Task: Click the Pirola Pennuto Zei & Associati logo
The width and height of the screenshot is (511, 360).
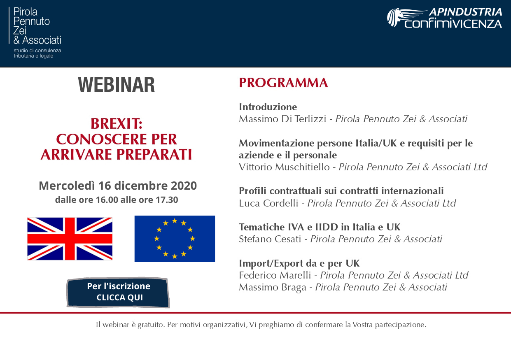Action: click(35, 33)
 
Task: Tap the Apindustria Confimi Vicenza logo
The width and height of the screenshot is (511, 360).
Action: click(444, 18)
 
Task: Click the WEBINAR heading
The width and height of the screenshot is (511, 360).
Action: click(117, 85)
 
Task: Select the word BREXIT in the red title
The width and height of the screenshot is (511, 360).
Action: click(115, 124)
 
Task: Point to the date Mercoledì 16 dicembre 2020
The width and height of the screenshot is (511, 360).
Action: click(118, 186)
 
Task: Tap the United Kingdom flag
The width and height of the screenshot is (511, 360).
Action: click(70, 239)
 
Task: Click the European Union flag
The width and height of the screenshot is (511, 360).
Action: click(175, 239)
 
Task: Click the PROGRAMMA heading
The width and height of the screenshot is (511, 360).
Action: click(283, 83)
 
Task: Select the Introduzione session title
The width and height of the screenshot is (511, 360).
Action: click(268, 107)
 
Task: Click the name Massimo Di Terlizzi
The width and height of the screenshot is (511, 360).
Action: click(282, 119)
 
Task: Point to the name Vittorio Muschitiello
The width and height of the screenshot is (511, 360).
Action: click(284, 167)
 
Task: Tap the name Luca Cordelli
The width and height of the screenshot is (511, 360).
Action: click(268, 203)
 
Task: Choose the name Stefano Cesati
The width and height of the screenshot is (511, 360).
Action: click(270, 239)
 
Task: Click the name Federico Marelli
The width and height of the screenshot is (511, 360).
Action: click(275, 275)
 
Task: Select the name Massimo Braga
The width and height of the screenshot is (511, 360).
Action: click(272, 287)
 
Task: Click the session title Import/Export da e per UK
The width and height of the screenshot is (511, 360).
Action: click(299, 263)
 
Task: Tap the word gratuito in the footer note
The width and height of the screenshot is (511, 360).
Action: click(151, 325)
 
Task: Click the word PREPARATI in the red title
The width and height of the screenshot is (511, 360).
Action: click(154, 154)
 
